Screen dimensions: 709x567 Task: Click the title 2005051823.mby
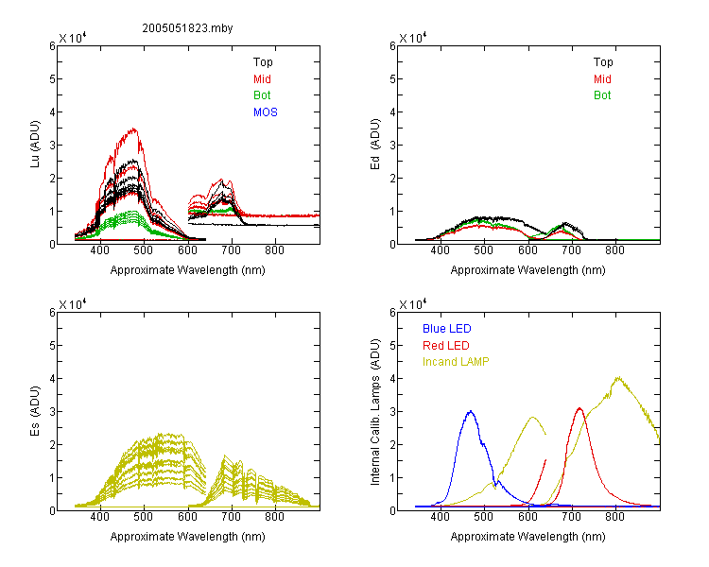(x=187, y=28)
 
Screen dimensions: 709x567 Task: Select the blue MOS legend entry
(x=266, y=112)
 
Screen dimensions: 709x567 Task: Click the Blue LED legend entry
(x=447, y=329)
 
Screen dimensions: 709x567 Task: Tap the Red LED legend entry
(x=446, y=346)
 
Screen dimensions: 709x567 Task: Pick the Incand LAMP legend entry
(x=456, y=362)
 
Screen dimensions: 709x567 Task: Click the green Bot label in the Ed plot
(x=602, y=95)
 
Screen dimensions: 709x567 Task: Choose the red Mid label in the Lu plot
(x=262, y=79)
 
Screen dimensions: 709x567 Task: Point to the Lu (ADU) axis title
(x=35, y=144)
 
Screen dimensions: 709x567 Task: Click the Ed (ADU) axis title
(x=375, y=144)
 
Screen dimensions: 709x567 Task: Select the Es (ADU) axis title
(x=35, y=410)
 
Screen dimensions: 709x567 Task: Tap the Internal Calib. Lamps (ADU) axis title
(x=375, y=412)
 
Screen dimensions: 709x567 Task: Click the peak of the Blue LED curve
(x=471, y=411)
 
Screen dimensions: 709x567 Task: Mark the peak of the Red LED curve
(x=579, y=408)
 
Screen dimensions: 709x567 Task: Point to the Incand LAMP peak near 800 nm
(x=617, y=377)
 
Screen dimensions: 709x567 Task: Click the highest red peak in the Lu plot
(x=134, y=129)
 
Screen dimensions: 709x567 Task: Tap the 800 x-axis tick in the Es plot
(x=274, y=517)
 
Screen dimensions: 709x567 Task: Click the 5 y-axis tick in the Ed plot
(x=392, y=79)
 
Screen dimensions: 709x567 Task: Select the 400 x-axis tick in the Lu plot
(x=100, y=250)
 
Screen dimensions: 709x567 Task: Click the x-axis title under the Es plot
(x=188, y=536)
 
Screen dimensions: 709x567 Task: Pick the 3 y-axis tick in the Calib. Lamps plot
(x=392, y=412)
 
